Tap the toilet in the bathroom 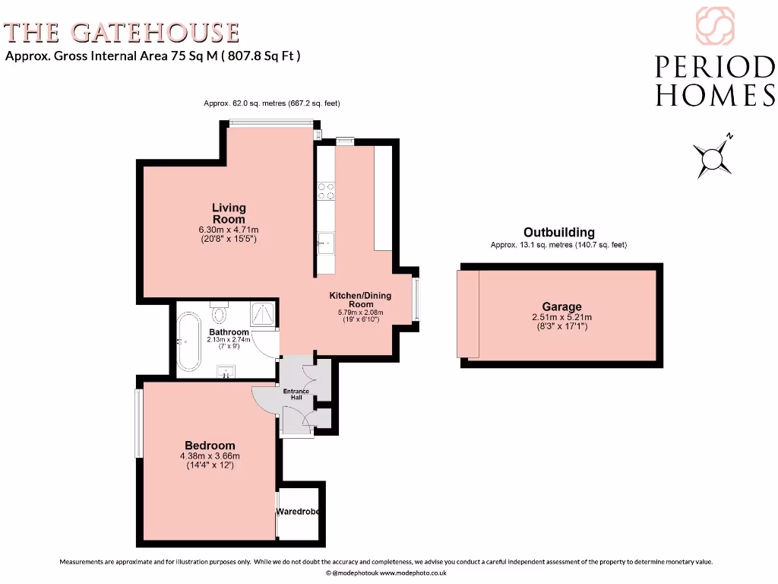pos(220,313)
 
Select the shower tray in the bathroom pos(262,313)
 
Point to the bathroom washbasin pos(226,371)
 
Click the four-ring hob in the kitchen pos(326,191)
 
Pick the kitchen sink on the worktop pos(325,243)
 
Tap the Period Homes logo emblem pos(714,27)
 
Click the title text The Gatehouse pos(122,33)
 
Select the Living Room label pos(229,213)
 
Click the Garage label pos(561,307)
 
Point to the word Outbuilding pos(559,233)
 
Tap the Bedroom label pos(210,446)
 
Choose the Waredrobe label pos(297,512)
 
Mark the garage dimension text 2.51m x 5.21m pos(561,318)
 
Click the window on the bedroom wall pos(139,423)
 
